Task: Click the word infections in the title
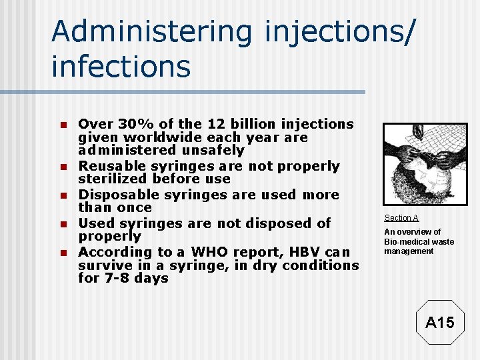click(x=121, y=67)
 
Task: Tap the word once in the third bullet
click(x=135, y=207)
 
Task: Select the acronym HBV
click(x=301, y=252)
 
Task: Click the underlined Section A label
click(x=401, y=218)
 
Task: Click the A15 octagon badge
click(x=440, y=323)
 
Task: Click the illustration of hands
click(x=416, y=164)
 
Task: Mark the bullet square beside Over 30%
click(x=63, y=125)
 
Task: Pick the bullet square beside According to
click(x=63, y=253)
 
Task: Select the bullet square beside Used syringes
click(x=63, y=224)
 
